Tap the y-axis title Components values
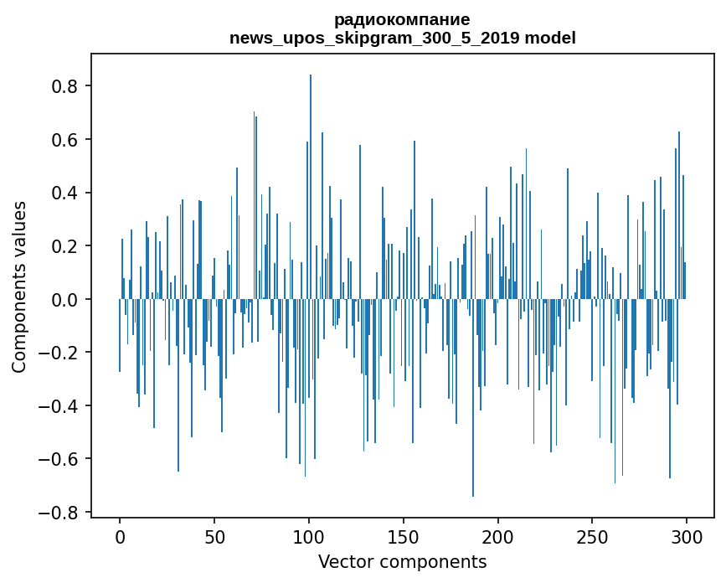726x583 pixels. click(x=19, y=286)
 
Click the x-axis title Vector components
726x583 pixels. click(x=402, y=561)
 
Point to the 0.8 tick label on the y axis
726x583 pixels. click(x=67, y=86)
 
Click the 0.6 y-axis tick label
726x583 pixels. click(x=67, y=140)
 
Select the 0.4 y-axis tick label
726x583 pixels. click(x=67, y=193)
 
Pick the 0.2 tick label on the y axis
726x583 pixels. click(x=67, y=246)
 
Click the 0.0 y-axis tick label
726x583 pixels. click(x=67, y=299)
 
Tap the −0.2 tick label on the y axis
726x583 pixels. click(x=61, y=353)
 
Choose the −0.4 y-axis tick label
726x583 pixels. click(x=61, y=405)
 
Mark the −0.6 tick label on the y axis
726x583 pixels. click(x=61, y=459)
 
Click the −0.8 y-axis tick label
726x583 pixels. click(x=61, y=512)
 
